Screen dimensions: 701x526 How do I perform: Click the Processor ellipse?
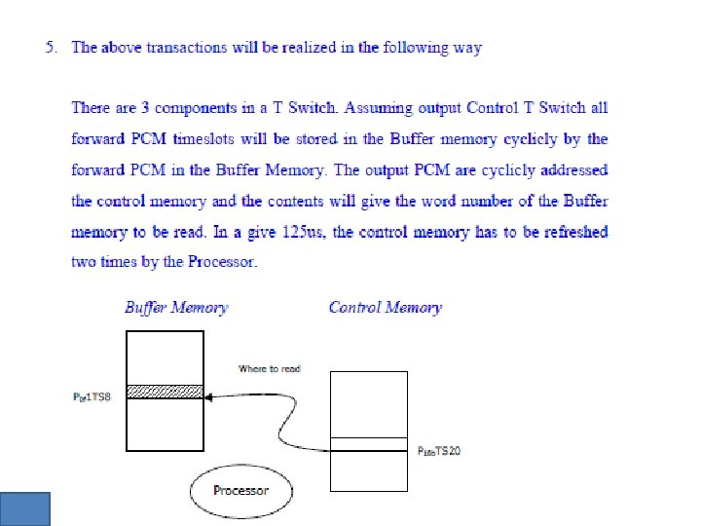(x=240, y=490)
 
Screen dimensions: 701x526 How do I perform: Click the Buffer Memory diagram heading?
(x=176, y=308)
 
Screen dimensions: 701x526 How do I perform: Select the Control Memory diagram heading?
(x=385, y=308)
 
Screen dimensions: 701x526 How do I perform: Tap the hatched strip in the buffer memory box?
(x=166, y=391)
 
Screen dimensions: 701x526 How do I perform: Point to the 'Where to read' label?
(x=270, y=368)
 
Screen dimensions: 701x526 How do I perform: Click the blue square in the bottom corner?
(x=24, y=508)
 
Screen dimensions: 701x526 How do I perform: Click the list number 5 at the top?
(x=52, y=47)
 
